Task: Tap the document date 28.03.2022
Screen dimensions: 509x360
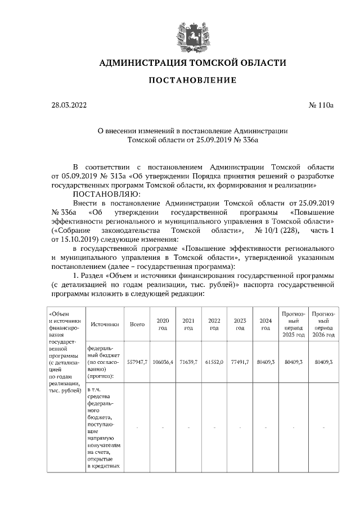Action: point(69,105)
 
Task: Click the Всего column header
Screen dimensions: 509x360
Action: point(137,324)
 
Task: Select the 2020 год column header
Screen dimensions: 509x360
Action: point(163,324)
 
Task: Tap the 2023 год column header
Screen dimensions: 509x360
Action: point(240,324)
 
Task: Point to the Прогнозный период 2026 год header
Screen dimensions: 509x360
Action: point(323,324)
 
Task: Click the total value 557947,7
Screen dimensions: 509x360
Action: point(137,363)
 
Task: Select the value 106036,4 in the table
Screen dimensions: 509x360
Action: point(163,363)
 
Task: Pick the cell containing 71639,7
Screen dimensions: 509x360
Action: point(188,363)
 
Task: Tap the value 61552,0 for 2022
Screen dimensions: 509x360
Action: point(214,363)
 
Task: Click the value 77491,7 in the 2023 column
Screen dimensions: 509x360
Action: point(240,363)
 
